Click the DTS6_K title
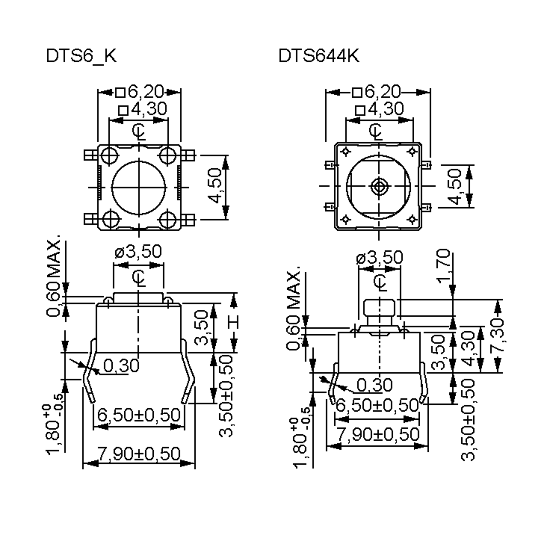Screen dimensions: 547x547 (x=81, y=56)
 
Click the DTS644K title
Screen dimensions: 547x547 (x=319, y=56)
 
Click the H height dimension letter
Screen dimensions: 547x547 (x=234, y=322)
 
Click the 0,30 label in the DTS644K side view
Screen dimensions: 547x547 (x=374, y=385)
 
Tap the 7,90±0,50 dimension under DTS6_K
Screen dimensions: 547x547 (x=139, y=454)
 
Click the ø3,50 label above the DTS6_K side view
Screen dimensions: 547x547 (x=138, y=251)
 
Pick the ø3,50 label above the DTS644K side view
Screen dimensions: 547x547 (x=379, y=258)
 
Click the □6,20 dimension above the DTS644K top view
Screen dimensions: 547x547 (x=377, y=92)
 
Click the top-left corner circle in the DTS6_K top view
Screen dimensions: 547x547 (x=109, y=155)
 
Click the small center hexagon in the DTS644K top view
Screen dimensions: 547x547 (x=379, y=186)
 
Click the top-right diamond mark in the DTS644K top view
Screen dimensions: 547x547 (x=412, y=152)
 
